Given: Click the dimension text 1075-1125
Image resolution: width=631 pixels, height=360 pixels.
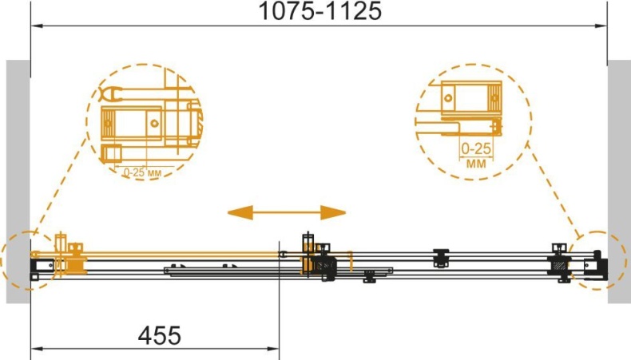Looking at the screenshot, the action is point(320,11).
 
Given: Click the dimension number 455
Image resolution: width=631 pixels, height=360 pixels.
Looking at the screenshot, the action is point(160,335).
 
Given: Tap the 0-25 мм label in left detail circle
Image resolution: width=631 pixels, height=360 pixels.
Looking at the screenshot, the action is point(142,172).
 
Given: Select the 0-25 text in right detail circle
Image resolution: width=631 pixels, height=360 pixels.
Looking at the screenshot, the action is point(476,148).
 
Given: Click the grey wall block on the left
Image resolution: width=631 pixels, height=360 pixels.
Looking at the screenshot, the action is point(18,181).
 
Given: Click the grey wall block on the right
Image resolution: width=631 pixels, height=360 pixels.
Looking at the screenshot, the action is point(619,181).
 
